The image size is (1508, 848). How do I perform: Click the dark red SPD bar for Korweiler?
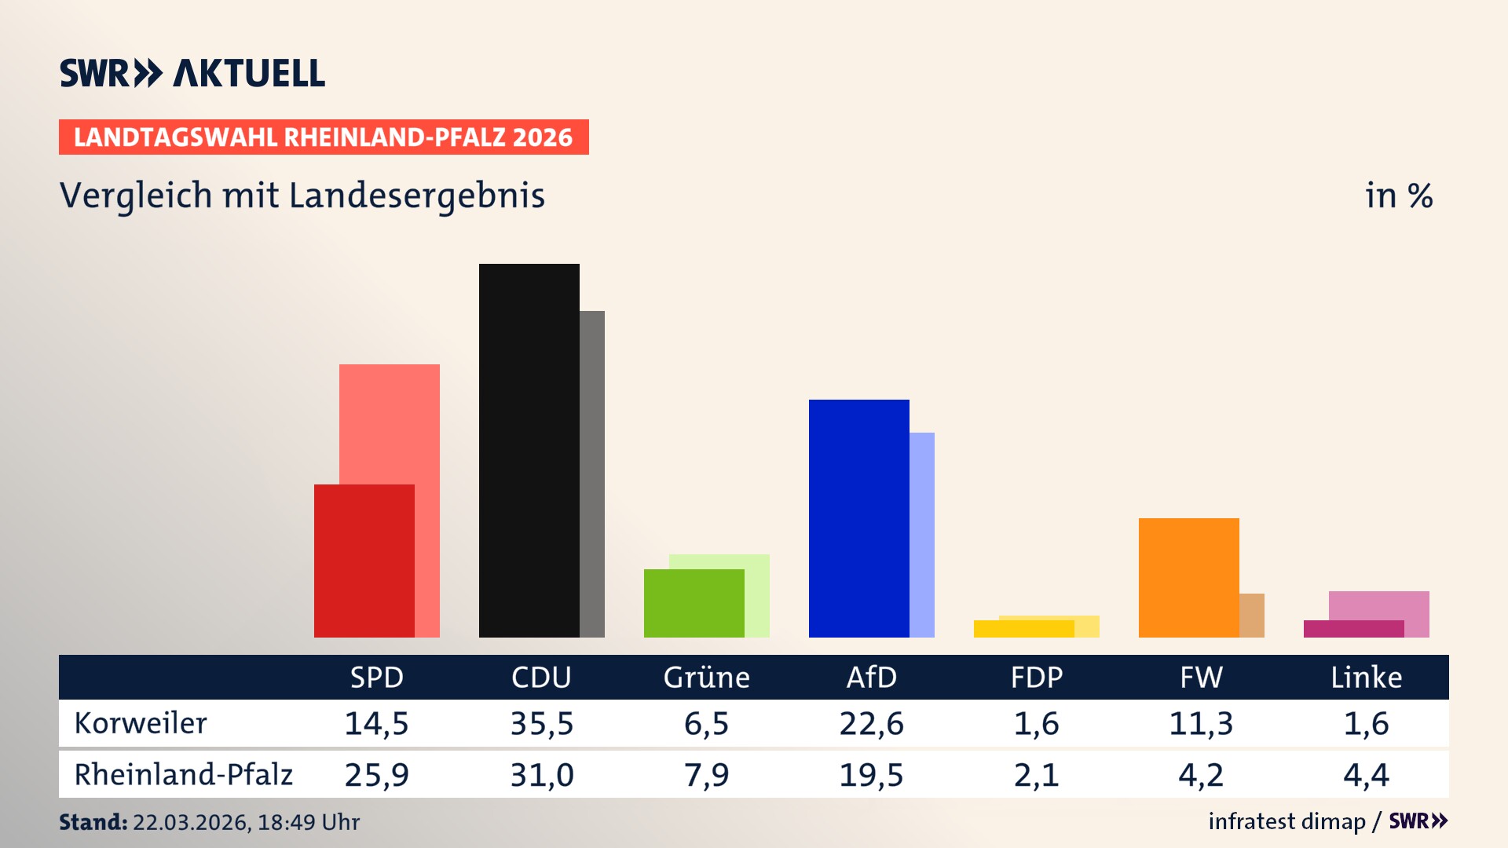pos(364,561)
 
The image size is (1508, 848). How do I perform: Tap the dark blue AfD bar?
pos(859,518)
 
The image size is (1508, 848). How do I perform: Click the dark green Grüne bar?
pos(694,603)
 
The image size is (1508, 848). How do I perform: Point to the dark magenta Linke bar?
pos(1354,629)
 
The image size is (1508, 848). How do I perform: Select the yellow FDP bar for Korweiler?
pos(1024,629)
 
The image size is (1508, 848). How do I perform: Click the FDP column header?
pos(1037,677)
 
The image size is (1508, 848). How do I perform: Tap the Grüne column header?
pos(707,677)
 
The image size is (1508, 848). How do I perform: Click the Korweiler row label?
pos(141,723)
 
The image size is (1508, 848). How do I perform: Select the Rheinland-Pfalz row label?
pos(183,775)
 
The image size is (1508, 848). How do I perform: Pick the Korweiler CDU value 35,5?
pos(542,723)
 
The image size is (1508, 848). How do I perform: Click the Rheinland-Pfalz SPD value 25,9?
pos(377,775)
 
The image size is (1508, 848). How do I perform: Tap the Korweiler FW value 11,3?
pos(1201,723)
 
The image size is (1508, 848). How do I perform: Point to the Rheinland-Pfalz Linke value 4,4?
pos(1366,775)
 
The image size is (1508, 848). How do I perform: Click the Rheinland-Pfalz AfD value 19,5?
pos(871,775)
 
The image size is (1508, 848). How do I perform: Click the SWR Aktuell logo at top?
pos(192,73)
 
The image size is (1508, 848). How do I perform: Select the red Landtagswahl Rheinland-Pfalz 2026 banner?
pos(324,137)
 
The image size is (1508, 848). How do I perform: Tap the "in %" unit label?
pos(1398,196)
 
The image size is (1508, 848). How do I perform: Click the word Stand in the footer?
pos(93,822)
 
